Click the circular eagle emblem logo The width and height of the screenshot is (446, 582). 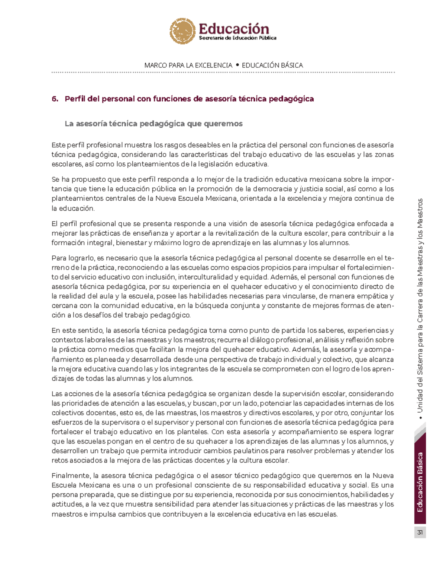coord(182,31)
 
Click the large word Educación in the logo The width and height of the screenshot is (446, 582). coord(234,29)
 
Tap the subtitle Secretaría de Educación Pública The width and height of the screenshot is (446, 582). coord(237,38)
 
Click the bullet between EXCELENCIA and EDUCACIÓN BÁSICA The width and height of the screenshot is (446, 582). coord(237,65)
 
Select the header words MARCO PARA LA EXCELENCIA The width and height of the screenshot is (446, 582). coord(188,65)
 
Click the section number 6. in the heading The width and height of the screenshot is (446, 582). coord(55,99)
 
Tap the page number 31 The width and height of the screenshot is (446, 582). coord(420,532)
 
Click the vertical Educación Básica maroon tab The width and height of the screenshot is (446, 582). coord(420,482)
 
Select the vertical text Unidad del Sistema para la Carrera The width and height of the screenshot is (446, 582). coord(420,335)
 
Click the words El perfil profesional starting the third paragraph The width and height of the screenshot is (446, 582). coord(84,224)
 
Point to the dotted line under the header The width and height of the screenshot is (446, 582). coord(223,72)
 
